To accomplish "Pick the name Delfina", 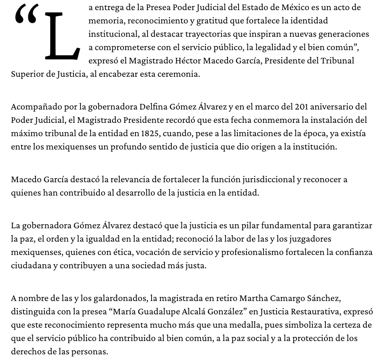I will pyautogui.click(x=153, y=107).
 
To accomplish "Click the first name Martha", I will pyautogui.click(x=252, y=298).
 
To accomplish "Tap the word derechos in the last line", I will pyautogui.click(x=27, y=352).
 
